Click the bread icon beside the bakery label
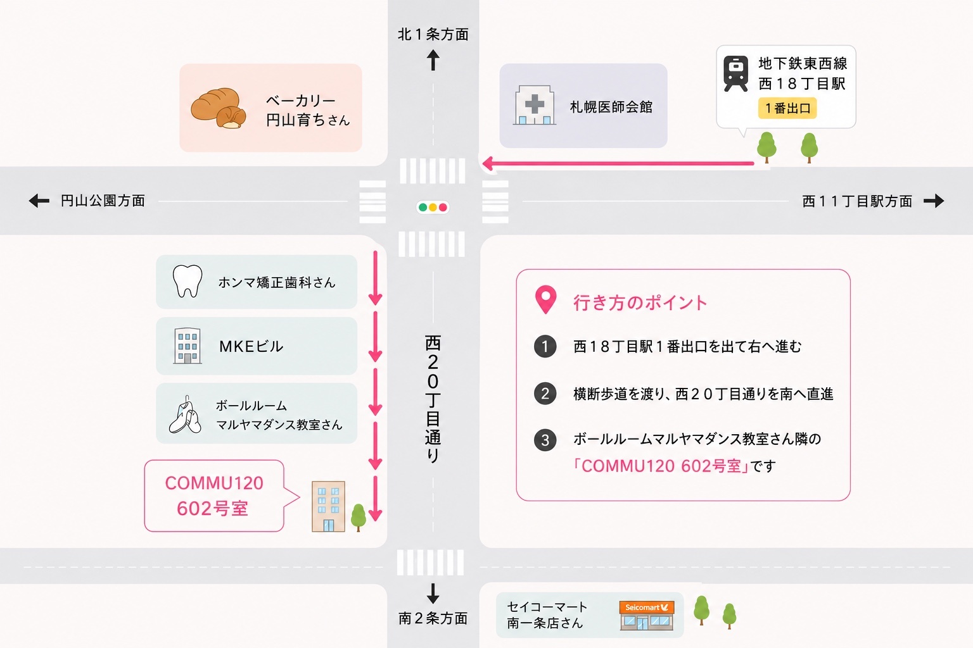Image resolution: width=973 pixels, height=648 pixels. coord(219,108)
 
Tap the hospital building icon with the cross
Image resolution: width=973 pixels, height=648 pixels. coord(534,105)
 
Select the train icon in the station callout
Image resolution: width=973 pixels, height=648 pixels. coord(735,73)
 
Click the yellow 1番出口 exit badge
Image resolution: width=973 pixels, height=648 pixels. coord(787,108)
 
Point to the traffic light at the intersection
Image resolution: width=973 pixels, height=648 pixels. coord(433,208)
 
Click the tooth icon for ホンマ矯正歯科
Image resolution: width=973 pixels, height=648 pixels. coord(188,281)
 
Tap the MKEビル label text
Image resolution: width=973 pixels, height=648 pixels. coord(251,346)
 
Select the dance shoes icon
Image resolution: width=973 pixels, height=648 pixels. coord(185,415)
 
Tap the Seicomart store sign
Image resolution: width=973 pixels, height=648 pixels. coord(647,607)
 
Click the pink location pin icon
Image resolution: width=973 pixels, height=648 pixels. coord(545,299)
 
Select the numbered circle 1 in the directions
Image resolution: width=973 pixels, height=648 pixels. coord(545,346)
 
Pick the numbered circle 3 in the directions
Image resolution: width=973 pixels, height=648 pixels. coord(545,440)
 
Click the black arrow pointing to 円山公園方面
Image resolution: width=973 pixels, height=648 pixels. coord(39,201)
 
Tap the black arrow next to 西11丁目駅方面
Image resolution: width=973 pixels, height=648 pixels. coord(934,201)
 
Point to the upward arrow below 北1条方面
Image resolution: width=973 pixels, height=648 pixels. coord(433,60)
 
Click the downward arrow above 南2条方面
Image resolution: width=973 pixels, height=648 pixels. coord(433,594)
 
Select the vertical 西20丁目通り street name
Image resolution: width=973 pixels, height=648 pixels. coord(433,399)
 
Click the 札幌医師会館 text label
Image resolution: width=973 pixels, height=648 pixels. coord(611,107)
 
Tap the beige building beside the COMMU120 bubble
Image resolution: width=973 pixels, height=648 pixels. coord(328,506)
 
